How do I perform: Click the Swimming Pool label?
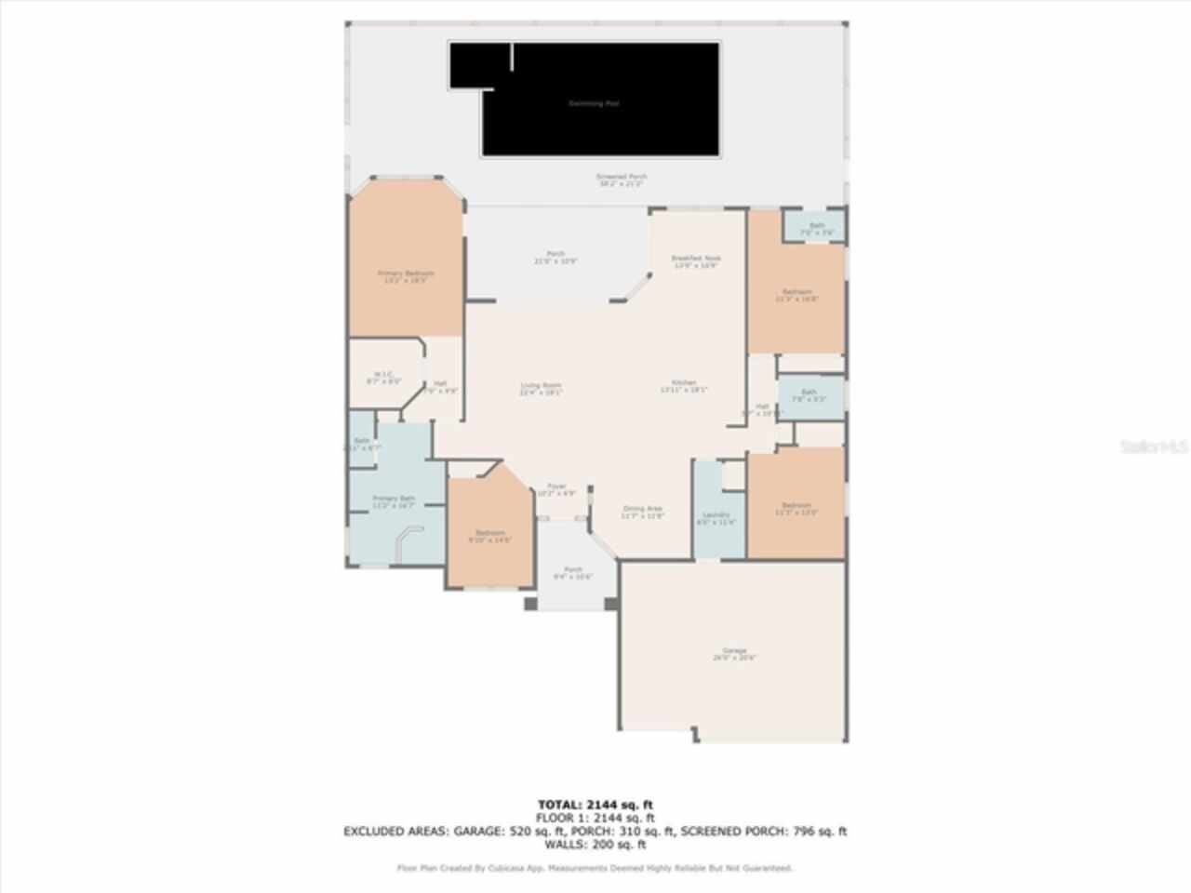point(594,103)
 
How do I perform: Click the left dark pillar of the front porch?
point(530,604)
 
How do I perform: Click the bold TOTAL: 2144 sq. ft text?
point(595,805)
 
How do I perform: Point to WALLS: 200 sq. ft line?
point(595,845)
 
